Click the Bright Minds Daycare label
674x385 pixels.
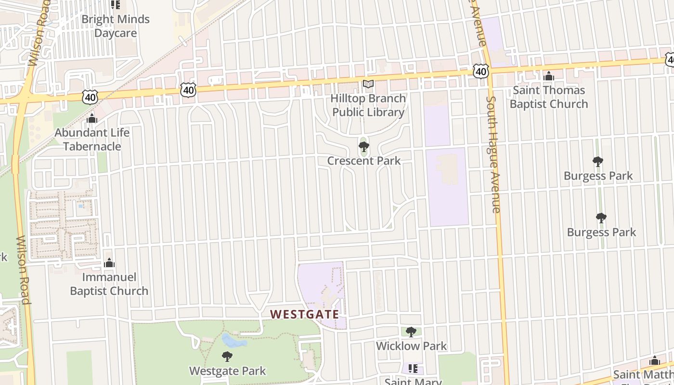point(116,26)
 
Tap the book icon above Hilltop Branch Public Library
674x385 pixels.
point(368,84)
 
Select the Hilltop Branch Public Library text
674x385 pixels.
point(368,105)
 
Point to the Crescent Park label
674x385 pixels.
point(364,161)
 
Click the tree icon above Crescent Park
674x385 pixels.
point(364,146)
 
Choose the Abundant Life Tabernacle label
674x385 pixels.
point(92,139)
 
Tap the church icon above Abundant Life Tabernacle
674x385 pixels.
point(92,118)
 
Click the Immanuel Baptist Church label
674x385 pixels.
point(109,284)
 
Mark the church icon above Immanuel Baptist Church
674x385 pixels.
point(109,263)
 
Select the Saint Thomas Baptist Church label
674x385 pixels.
point(549,97)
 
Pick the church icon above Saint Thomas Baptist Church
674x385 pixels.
point(549,76)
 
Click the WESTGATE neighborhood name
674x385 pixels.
point(304,314)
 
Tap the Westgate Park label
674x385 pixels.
point(227,371)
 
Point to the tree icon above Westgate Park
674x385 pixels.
point(227,357)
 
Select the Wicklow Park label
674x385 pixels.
point(411,346)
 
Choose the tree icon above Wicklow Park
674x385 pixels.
point(411,332)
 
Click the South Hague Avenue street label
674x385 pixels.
point(493,154)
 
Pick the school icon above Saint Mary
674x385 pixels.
point(413,369)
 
